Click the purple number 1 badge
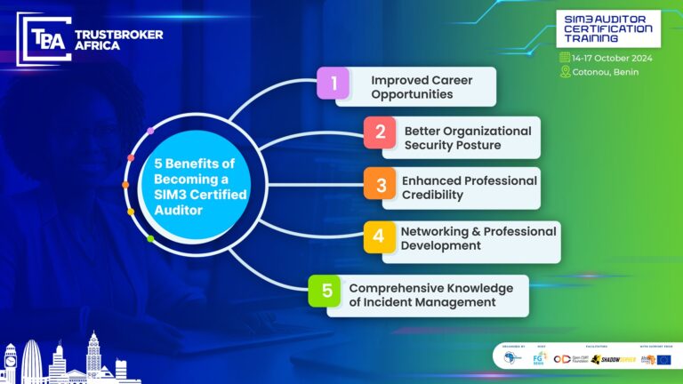(x=334, y=84)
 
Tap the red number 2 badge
(x=380, y=132)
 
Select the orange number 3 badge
(x=380, y=184)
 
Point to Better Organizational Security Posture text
(x=467, y=138)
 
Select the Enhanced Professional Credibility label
(x=469, y=188)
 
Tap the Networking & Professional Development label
(x=478, y=238)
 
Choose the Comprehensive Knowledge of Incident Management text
(x=430, y=295)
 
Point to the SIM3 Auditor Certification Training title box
(x=608, y=29)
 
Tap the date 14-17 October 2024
(x=612, y=58)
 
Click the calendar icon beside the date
(x=565, y=58)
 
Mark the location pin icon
(x=565, y=71)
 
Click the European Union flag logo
(x=663, y=360)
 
